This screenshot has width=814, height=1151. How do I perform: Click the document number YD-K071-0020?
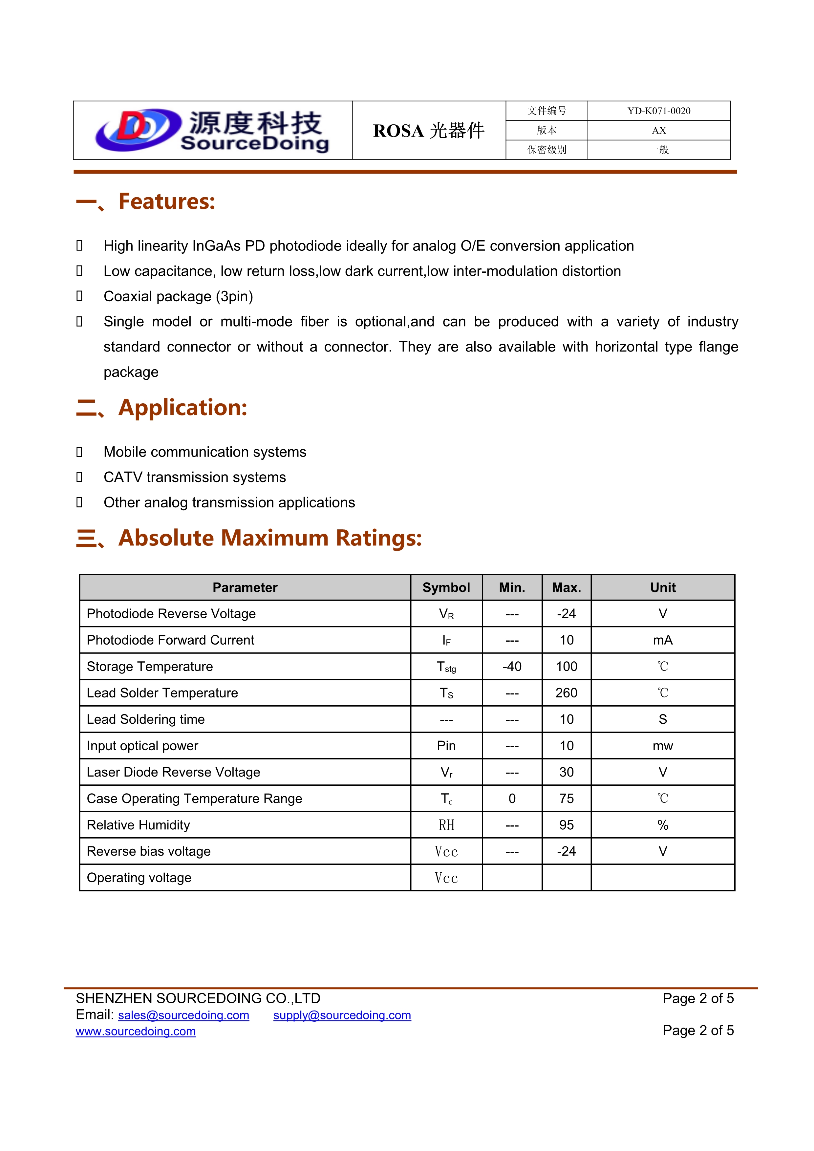point(659,111)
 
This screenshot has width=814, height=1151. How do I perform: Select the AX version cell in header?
point(659,130)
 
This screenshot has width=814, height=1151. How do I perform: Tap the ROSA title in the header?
point(429,131)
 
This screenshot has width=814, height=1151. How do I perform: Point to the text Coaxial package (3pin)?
point(178,296)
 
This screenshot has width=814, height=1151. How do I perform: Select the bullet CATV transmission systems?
point(195,477)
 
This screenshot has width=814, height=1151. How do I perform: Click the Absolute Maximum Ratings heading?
point(270,538)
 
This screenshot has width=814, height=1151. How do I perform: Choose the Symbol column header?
point(446,587)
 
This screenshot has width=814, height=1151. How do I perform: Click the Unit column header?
point(663,587)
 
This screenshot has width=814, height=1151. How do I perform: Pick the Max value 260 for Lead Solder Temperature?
point(567,693)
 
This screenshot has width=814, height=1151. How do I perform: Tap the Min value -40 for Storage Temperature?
point(512,666)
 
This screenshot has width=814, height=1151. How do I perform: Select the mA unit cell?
point(663,640)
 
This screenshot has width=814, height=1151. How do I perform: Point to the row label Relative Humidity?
point(138,825)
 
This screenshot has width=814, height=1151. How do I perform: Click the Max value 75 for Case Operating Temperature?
point(567,799)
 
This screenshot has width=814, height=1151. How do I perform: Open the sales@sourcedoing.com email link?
point(183,1015)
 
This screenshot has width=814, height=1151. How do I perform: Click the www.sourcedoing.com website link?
point(135,1031)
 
